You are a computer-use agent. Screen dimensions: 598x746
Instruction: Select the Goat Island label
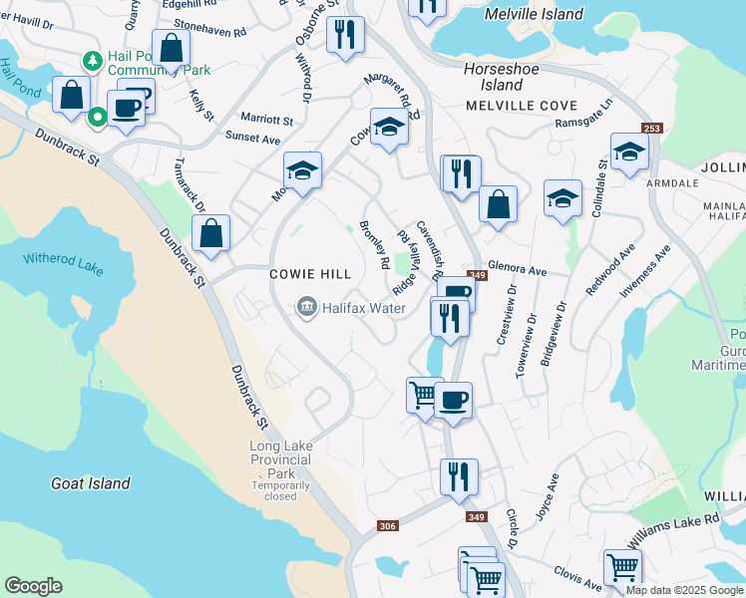[91, 483]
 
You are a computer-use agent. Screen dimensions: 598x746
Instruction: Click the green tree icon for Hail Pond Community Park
[93, 62]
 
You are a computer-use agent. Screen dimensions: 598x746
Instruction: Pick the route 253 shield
[652, 129]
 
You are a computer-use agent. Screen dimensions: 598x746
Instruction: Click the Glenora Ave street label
[518, 271]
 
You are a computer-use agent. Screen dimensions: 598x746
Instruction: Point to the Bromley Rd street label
[374, 245]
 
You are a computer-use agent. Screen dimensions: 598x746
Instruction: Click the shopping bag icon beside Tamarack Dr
[211, 235]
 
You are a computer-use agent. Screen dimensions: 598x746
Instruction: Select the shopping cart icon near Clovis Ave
[622, 568]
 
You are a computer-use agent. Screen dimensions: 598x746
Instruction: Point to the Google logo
[33, 586]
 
